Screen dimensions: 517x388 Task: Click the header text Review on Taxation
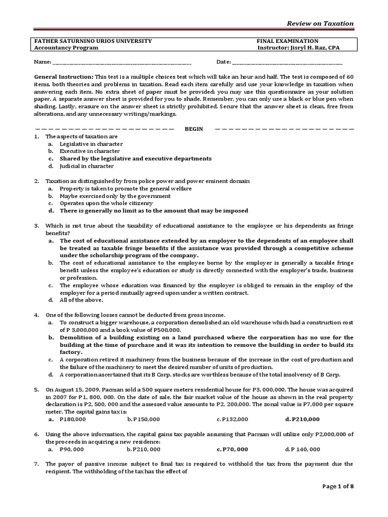click(320, 24)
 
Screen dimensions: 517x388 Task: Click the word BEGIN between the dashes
click(193, 129)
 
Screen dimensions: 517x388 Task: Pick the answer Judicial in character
click(86, 166)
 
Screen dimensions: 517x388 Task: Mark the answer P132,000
click(235, 419)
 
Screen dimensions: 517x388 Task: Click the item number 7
click(36, 463)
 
